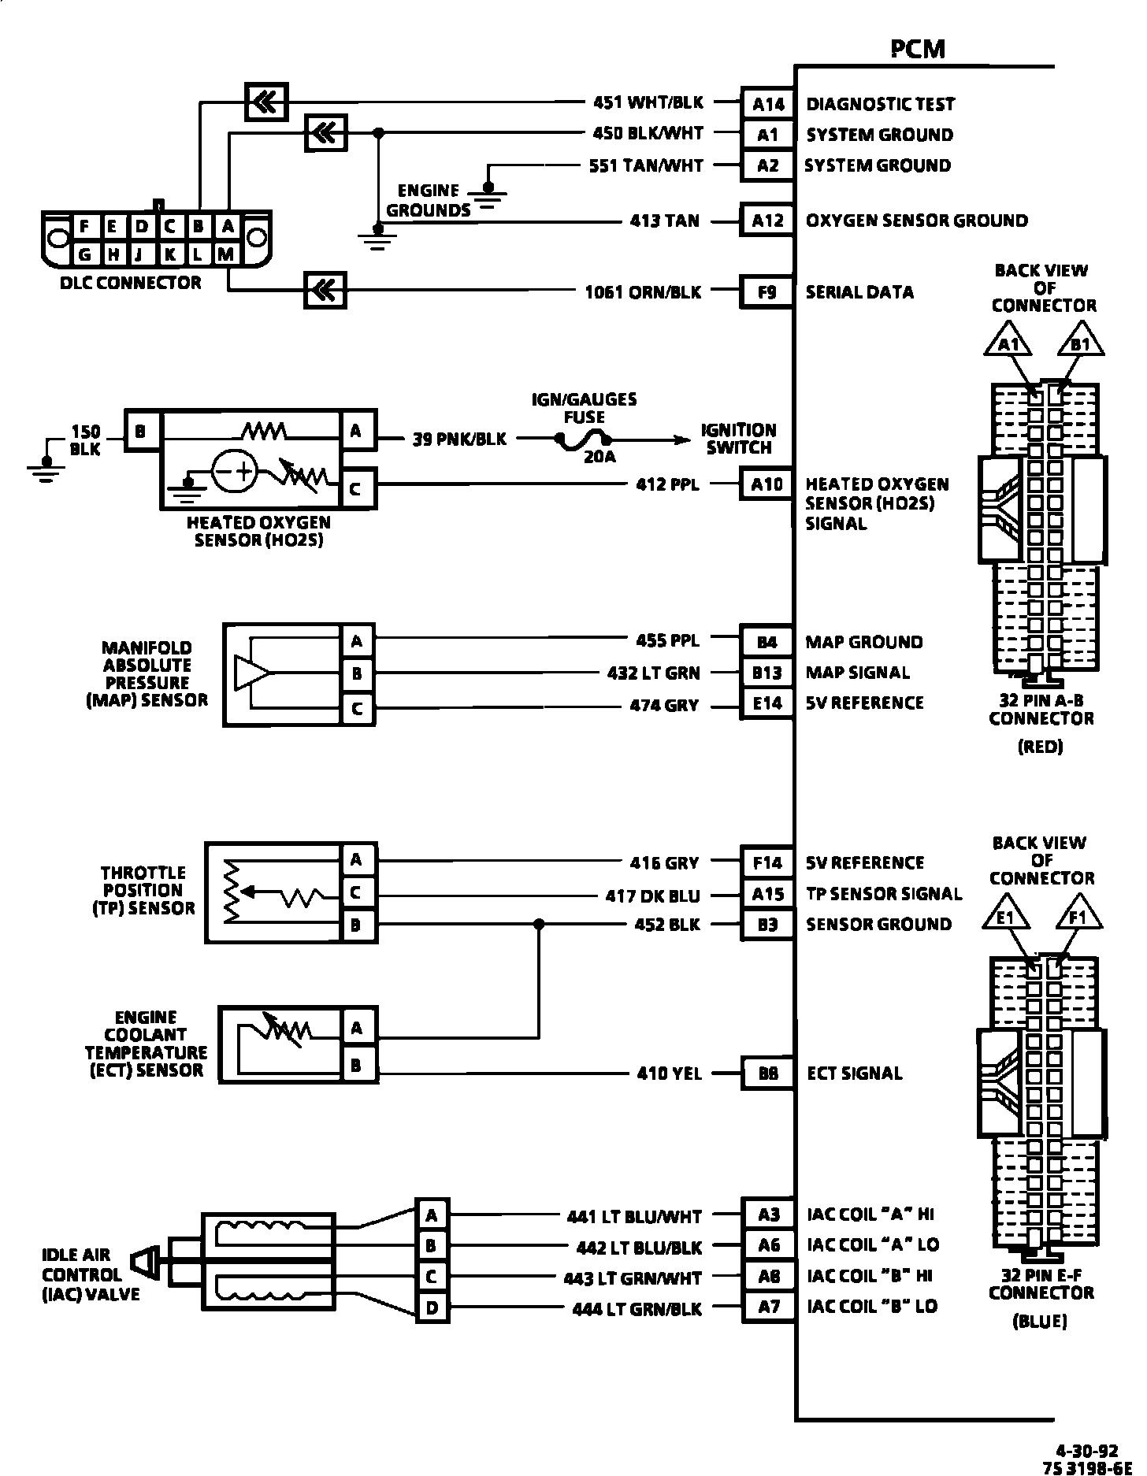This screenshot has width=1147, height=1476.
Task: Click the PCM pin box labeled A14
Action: [767, 104]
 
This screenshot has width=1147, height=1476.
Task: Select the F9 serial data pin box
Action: [767, 292]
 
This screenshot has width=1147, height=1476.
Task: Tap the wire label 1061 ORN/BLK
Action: [643, 292]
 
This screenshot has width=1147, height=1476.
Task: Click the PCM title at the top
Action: [918, 49]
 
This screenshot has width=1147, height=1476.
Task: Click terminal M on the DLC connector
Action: [227, 254]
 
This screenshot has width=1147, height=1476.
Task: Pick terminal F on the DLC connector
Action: [84, 227]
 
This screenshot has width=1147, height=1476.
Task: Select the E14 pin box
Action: [767, 703]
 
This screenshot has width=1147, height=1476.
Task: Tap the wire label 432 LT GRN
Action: [653, 673]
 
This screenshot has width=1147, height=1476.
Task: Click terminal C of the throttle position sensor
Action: [356, 893]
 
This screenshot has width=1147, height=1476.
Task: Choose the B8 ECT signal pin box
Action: [767, 1074]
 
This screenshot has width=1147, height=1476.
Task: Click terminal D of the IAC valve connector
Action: [432, 1308]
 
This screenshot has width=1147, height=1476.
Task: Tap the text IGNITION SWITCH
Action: [738, 439]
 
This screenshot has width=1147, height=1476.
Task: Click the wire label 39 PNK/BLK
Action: [460, 439]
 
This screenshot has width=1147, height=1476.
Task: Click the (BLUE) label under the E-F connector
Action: [1040, 1322]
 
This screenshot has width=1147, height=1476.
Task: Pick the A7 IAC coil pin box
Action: [769, 1307]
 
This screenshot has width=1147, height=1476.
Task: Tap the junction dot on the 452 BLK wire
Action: [539, 924]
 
